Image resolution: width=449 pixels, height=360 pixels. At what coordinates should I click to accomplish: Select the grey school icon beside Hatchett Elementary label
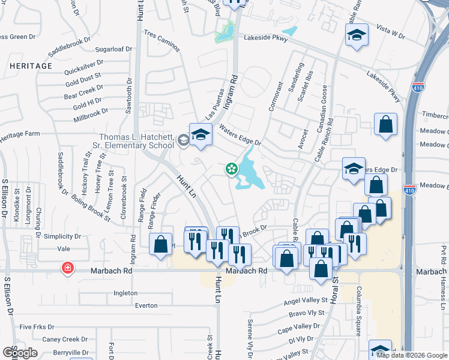click(x=183, y=140)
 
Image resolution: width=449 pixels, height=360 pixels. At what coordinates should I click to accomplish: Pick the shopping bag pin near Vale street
click(x=160, y=245)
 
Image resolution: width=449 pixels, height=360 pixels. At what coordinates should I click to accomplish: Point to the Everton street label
click(x=146, y=305)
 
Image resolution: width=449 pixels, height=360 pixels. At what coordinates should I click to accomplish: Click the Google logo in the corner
click(x=21, y=353)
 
